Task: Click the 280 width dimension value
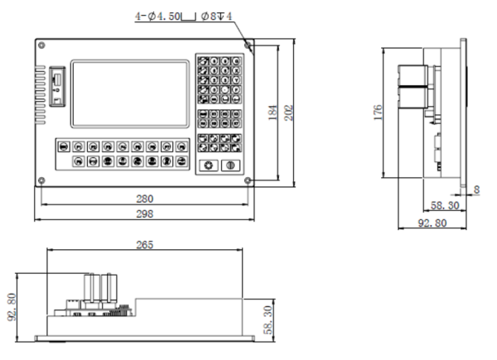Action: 145,199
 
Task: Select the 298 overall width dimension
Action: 145,214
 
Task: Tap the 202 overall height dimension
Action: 289,113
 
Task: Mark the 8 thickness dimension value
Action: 476,190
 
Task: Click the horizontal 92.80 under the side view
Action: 432,222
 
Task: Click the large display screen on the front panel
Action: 129,94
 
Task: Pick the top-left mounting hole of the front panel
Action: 41,45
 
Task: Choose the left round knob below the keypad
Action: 209,166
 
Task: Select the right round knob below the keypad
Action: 230,166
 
